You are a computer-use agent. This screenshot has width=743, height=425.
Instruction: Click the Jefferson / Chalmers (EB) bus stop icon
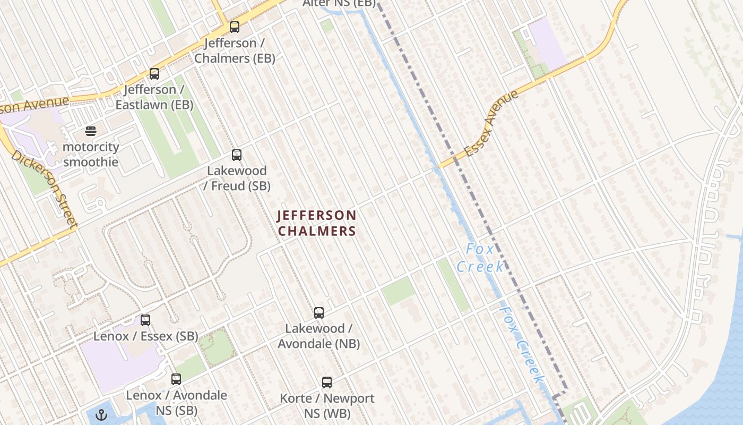(234, 27)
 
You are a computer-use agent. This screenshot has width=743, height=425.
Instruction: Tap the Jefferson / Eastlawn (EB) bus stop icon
(154, 73)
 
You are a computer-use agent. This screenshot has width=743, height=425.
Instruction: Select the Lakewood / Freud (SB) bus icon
(237, 155)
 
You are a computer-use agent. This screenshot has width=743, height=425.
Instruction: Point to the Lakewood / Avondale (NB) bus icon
(319, 313)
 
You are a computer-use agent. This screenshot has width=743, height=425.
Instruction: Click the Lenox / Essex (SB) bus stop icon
(145, 320)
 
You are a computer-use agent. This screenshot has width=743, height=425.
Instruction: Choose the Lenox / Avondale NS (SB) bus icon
(176, 379)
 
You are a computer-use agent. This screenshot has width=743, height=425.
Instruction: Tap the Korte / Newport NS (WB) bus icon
(327, 382)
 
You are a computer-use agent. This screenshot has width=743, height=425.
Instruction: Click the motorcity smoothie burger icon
(91, 131)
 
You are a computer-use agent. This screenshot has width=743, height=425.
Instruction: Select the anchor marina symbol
(101, 415)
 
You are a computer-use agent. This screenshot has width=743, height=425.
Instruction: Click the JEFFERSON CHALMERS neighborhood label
(317, 223)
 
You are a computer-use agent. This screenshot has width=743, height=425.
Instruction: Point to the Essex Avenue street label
(491, 124)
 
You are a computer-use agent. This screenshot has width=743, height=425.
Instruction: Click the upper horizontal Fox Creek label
(481, 258)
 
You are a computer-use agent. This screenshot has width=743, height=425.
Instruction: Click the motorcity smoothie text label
(91, 154)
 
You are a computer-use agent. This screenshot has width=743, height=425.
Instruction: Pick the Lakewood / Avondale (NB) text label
(318, 336)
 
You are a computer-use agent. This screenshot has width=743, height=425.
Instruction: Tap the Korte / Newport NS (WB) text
(327, 405)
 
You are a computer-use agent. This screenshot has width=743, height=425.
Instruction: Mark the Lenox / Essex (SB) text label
(145, 336)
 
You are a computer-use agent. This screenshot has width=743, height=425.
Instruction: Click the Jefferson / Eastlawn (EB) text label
(154, 97)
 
